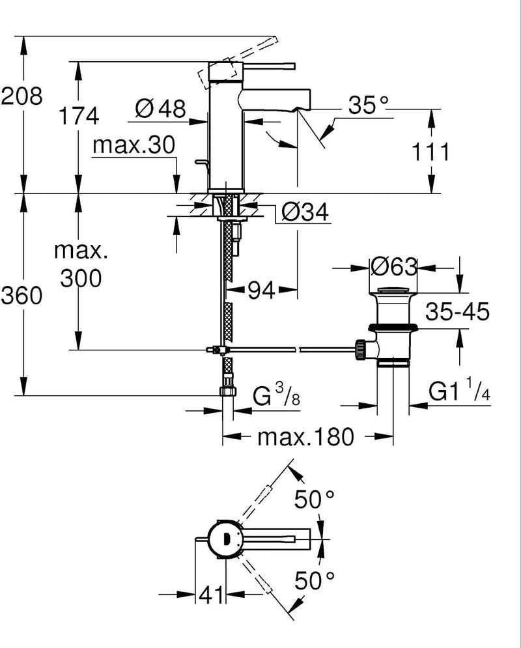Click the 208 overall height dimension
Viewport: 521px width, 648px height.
point(21,96)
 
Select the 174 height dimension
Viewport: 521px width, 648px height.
point(79,115)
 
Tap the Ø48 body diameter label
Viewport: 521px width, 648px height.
point(161,109)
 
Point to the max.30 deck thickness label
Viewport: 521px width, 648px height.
point(134,145)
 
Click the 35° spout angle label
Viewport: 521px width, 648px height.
point(368,105)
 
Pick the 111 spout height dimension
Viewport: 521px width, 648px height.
point(430,152)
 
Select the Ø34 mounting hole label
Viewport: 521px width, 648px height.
point(305,212)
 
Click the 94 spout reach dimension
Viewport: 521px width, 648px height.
point(261,290)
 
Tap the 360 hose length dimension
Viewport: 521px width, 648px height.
point(21,296)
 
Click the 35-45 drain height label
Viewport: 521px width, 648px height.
point(457,311)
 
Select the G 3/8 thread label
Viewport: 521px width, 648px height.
point(276,395)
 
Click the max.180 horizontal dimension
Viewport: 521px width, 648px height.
point(305,436)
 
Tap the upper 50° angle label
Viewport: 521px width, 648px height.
point(314,500)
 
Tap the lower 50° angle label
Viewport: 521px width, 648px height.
point(314,580)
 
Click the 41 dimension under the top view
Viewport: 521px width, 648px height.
point(211,595)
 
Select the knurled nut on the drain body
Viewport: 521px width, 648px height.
point(360,350)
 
